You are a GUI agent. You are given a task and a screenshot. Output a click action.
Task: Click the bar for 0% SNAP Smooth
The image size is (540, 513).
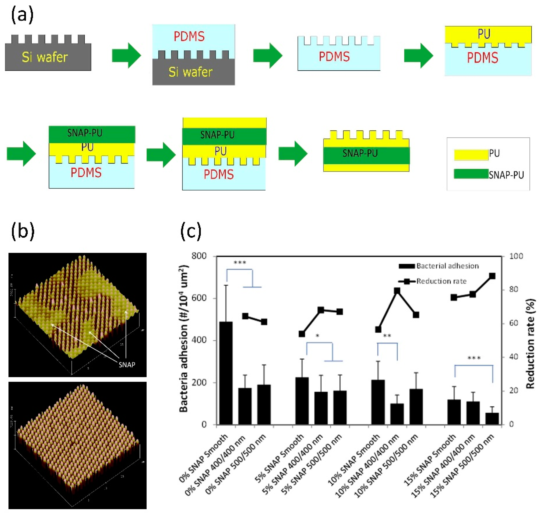[226, 373]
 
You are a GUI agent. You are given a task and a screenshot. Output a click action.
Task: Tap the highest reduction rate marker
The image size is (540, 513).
[492, 276]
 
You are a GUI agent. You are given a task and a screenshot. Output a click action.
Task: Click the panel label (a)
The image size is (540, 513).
[22, 15]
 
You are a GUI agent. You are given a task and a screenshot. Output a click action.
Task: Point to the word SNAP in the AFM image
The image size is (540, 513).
[127, 364]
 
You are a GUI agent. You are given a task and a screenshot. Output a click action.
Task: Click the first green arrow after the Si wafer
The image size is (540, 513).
[126, 55]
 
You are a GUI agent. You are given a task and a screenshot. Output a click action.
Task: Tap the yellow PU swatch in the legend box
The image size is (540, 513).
[471, 154]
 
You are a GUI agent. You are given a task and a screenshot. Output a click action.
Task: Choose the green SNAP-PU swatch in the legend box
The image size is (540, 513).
[471, 174]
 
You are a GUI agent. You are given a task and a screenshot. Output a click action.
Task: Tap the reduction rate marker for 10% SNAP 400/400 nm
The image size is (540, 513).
[397, 291]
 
